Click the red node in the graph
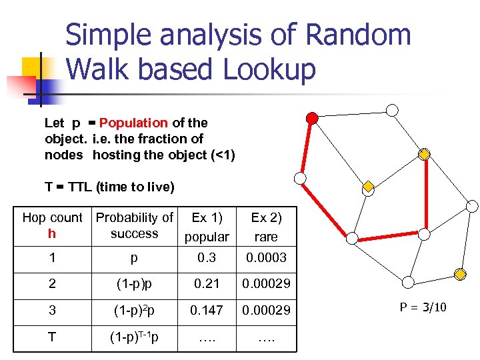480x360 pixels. click(x=311, y=119)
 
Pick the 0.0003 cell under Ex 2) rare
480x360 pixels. click(x=266, y=257)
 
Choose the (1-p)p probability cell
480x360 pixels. click(x=135, y=283)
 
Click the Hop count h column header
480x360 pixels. click(x=52, y=225)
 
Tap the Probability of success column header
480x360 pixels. click(x=135, y=225)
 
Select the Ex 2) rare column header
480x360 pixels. click(x=266, y=227)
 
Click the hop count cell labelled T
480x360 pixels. click(x=52, y=337)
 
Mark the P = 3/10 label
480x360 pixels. click(x=423, y=307)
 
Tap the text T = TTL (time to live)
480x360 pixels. click(x=109, y=187)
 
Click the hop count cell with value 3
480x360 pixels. click(x=52, y=311)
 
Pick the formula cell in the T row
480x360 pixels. click(x=135, y=337)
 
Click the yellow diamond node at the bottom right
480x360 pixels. click(x=460, y=274)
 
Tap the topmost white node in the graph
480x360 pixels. click(x=393, y=109)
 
